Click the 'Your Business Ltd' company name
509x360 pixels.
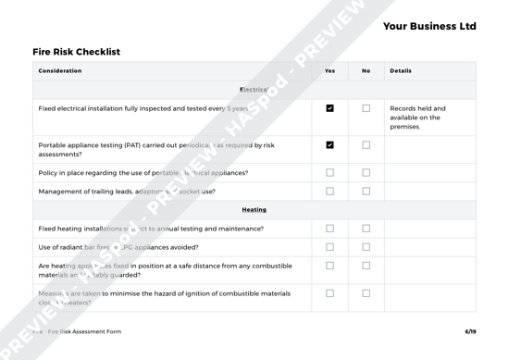tap(428, 26)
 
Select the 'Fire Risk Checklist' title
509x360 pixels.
tap(76, 52)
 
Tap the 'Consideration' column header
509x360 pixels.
tap(60, 71)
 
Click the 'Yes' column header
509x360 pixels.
tap(330, 71)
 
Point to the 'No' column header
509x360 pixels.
tap(366, 71)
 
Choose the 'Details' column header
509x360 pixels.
tap(401, 71)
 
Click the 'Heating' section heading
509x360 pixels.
tap(254, 210)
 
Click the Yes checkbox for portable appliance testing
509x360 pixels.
tap(330, 145)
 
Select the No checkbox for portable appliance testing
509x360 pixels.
tap(366, 145)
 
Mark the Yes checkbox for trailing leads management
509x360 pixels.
tap(330, 191)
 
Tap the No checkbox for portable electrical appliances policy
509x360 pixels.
tap(366, 172)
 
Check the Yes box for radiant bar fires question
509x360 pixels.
tap(330, 246)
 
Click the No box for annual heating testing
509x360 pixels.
tap(366, 229)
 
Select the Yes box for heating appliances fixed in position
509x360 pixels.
tap(330, 267)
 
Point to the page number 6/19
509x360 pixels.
tap(470, 331)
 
